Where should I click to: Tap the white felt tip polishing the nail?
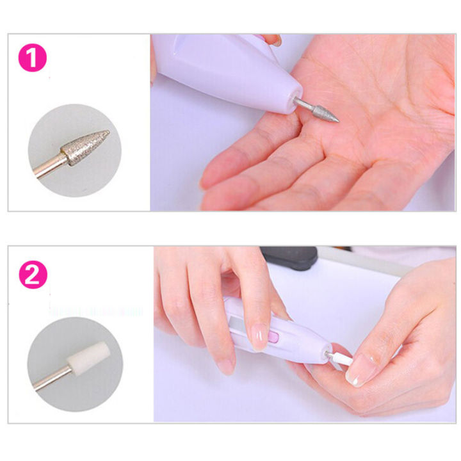point(341,359)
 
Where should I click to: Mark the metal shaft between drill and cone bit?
point(304,104)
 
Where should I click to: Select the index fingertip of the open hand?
point(214,176)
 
